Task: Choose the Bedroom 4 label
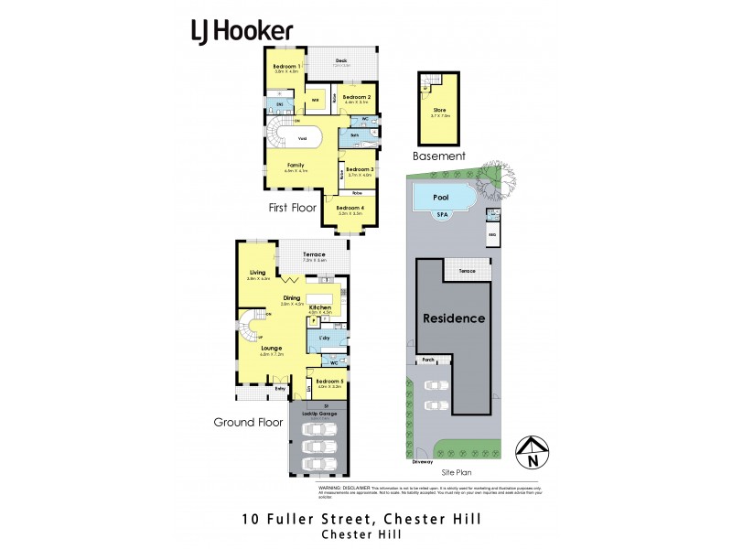350,208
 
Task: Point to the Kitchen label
319,307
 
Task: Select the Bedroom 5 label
329,383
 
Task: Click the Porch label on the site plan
427,360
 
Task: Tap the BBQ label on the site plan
491,235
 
